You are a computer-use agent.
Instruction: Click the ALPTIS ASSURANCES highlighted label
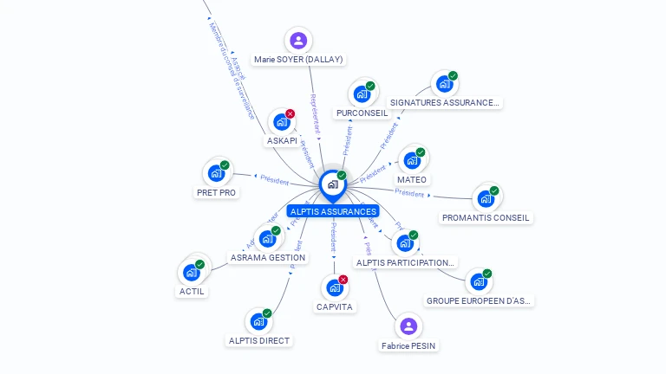333,211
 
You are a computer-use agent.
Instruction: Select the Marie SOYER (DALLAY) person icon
298,40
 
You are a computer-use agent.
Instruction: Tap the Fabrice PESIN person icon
408,326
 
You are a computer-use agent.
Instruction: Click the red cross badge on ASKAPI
291,113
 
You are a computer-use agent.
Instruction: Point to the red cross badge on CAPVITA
343,280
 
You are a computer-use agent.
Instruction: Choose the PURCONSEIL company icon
362,93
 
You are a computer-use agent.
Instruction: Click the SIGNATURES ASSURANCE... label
445,102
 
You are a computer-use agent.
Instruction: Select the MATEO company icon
412,160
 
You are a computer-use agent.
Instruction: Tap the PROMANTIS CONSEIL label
486,218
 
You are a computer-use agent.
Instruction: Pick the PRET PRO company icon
216,172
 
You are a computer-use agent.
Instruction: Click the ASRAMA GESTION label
268,257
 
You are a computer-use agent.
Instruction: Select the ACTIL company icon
192,272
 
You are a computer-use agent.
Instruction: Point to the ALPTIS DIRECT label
258,340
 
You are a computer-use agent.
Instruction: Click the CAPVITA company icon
334,287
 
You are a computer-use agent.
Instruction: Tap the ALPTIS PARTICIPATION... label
405,262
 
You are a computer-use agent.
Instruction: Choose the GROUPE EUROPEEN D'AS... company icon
478,281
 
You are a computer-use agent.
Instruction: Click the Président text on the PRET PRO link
274,178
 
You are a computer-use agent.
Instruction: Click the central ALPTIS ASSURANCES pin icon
332,184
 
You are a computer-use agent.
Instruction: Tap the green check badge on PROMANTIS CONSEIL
494,190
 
